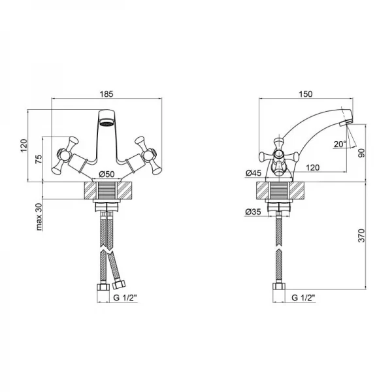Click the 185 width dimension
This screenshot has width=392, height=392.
tap(106, 93)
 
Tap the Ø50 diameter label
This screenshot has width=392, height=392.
tap(105, 174)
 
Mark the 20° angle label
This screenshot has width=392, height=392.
tap(339, 144)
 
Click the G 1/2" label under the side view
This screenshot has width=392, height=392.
tap(303, 298)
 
